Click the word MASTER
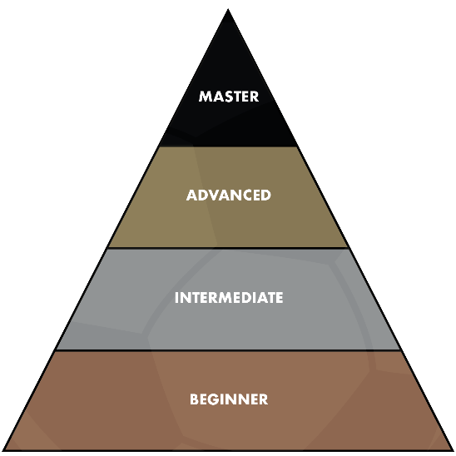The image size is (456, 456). pos(229,97)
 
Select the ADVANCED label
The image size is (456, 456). pos(229,196)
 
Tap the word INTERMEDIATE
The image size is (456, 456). pos(229,298)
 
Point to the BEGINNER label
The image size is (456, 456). pos(229,399)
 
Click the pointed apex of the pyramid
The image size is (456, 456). pos(228,9)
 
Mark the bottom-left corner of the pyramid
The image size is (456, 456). pos(2,451)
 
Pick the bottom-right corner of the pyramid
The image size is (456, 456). pos(454,451)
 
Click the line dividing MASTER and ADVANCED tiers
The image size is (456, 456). pos(228,146)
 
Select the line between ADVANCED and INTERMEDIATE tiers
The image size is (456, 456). pos(228,248)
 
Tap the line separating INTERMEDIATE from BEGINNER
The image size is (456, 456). pos(228,350)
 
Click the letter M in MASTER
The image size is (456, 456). pos(205,97)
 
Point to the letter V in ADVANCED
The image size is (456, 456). pos(217,196)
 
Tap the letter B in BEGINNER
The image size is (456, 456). pos(194,399)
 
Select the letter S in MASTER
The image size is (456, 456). pos(229,97)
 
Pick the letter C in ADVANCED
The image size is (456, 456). pos(245,196)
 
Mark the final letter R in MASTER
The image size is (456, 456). pos(255,97)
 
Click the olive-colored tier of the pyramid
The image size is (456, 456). pos(228,221)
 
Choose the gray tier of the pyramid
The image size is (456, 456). pos(228,323)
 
